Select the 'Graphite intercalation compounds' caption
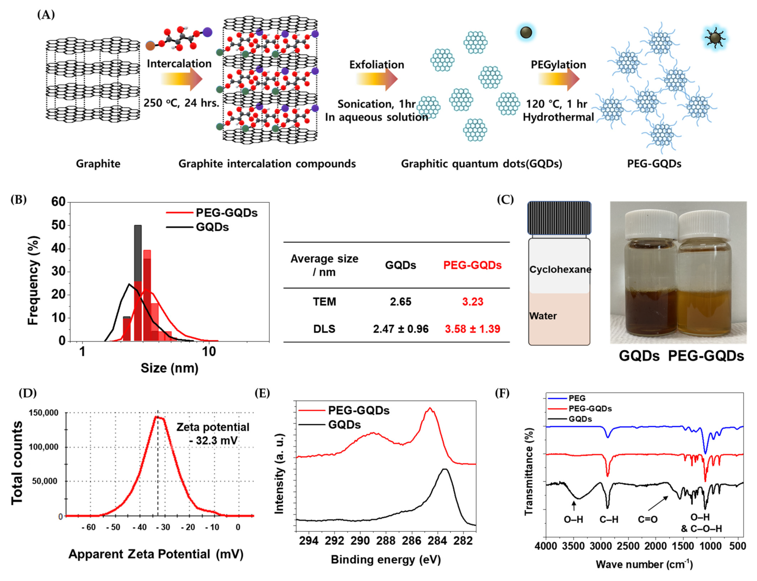click(267, 164)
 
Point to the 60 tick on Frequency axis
click(58, 202)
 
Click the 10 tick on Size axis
click(209, 351)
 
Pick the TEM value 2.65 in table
click(400, 302)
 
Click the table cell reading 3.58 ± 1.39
click(472, 329)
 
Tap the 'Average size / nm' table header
click(324, 265)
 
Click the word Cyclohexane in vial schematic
click(560, 270)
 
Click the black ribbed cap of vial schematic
click(559, 218)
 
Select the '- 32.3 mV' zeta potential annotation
click(213, 440)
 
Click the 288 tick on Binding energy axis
click(386, 541)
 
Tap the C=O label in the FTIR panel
click(647, 519)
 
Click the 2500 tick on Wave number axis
click(628, 546)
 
